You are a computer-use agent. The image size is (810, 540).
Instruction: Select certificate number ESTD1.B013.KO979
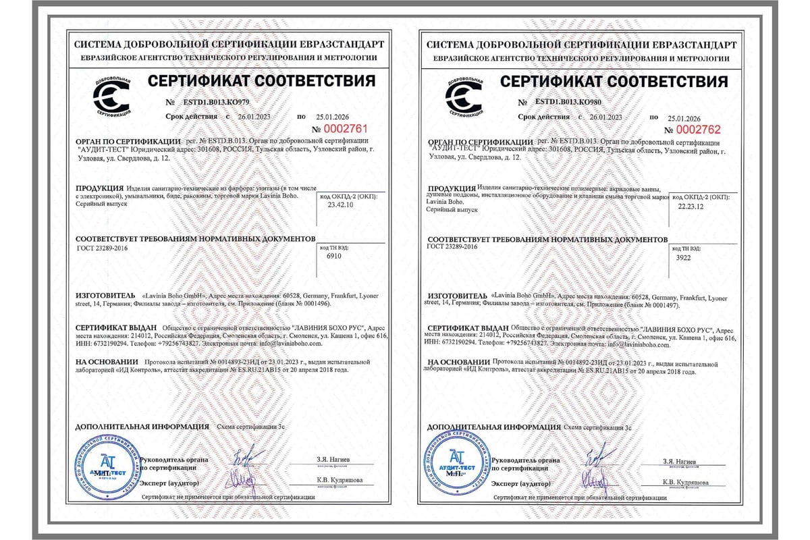point(216,102)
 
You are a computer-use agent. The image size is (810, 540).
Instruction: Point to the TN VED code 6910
point(333,256)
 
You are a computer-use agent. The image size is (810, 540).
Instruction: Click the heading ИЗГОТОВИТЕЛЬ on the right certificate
point(457,296)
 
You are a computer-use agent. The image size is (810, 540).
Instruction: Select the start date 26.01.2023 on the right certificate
point(605,117)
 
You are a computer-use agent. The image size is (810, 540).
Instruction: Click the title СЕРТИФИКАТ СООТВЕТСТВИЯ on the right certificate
point(614,82)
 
